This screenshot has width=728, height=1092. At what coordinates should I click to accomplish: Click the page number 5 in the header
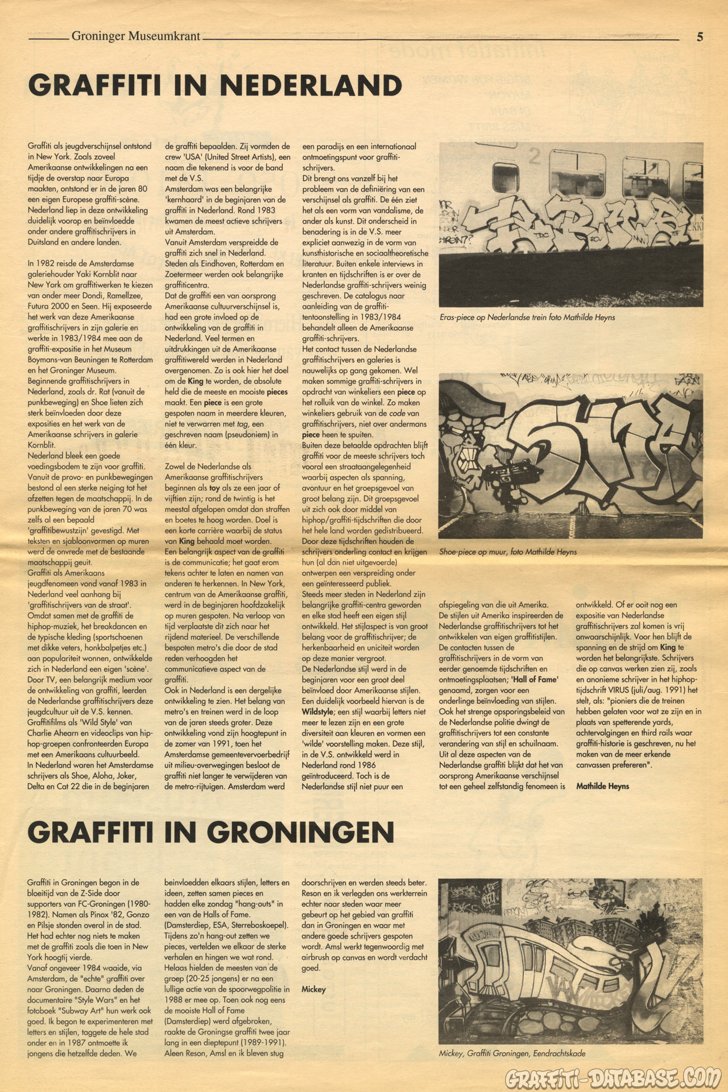[700, 37]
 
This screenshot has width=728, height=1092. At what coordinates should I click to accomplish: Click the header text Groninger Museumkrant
[135, 36]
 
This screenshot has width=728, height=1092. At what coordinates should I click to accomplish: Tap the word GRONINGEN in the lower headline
[300, 833]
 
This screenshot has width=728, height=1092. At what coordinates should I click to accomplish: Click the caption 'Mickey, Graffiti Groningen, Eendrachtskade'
[512, 1053]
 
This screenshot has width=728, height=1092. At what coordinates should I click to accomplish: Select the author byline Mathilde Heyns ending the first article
[602, 787]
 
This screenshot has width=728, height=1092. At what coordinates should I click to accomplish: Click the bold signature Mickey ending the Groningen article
[313, 989]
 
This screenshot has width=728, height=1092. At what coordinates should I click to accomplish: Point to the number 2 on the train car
[533, 155]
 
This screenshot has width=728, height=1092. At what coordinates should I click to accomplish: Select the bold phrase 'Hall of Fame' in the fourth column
[534, 680]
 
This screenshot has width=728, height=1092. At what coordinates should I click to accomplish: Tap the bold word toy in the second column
[214, 487]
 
